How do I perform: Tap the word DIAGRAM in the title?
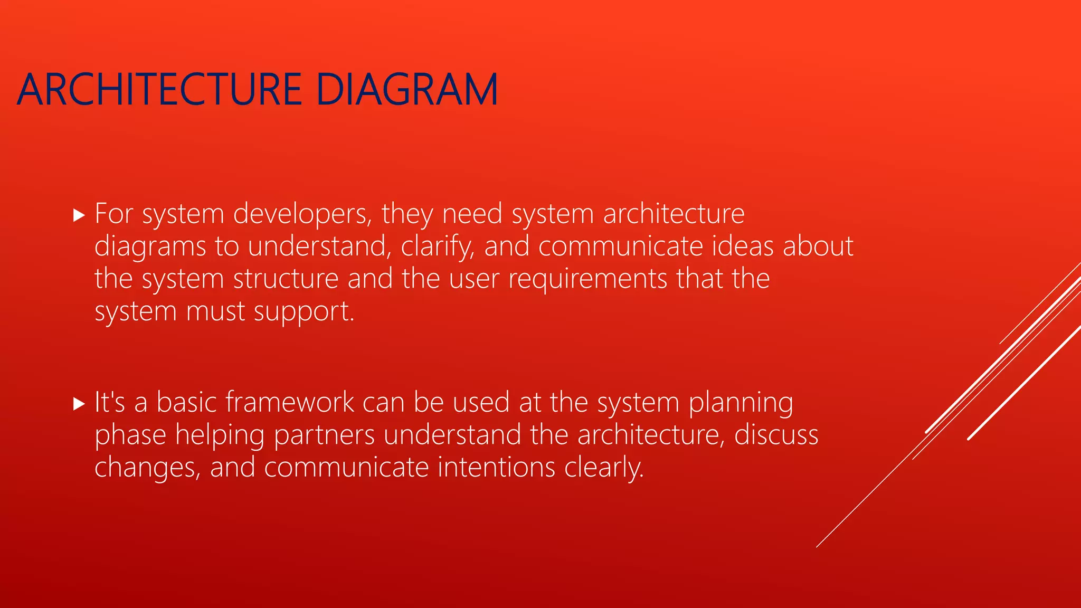click(x=407, y=90)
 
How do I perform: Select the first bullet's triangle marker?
click(x=79, y=215)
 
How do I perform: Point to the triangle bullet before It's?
click(x=79, y=404)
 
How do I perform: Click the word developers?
click(x=302, y=214)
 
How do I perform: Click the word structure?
click(x=286, y=279)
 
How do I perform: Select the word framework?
click(x=290, y=402)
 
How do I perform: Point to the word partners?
click(x=324, y=436)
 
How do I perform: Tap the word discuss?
click(x=776, y=435)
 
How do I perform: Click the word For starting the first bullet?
click(x=113, y=214)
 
